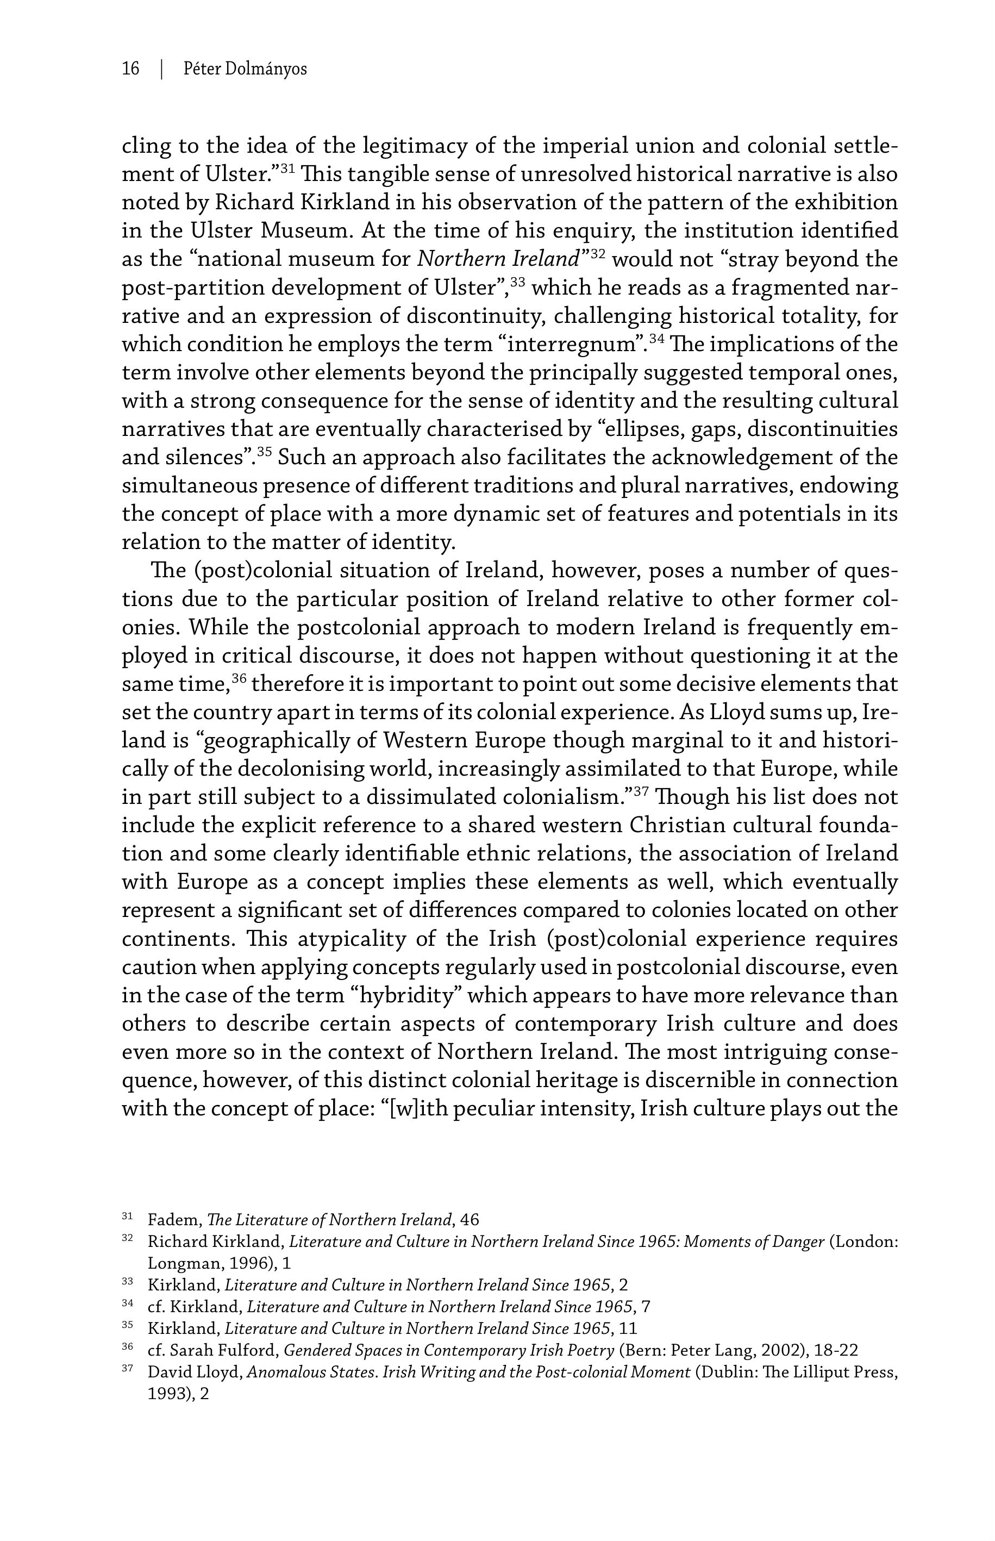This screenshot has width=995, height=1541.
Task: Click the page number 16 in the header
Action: (130, 68)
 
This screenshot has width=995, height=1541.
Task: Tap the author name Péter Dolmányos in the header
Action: (245, 68)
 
